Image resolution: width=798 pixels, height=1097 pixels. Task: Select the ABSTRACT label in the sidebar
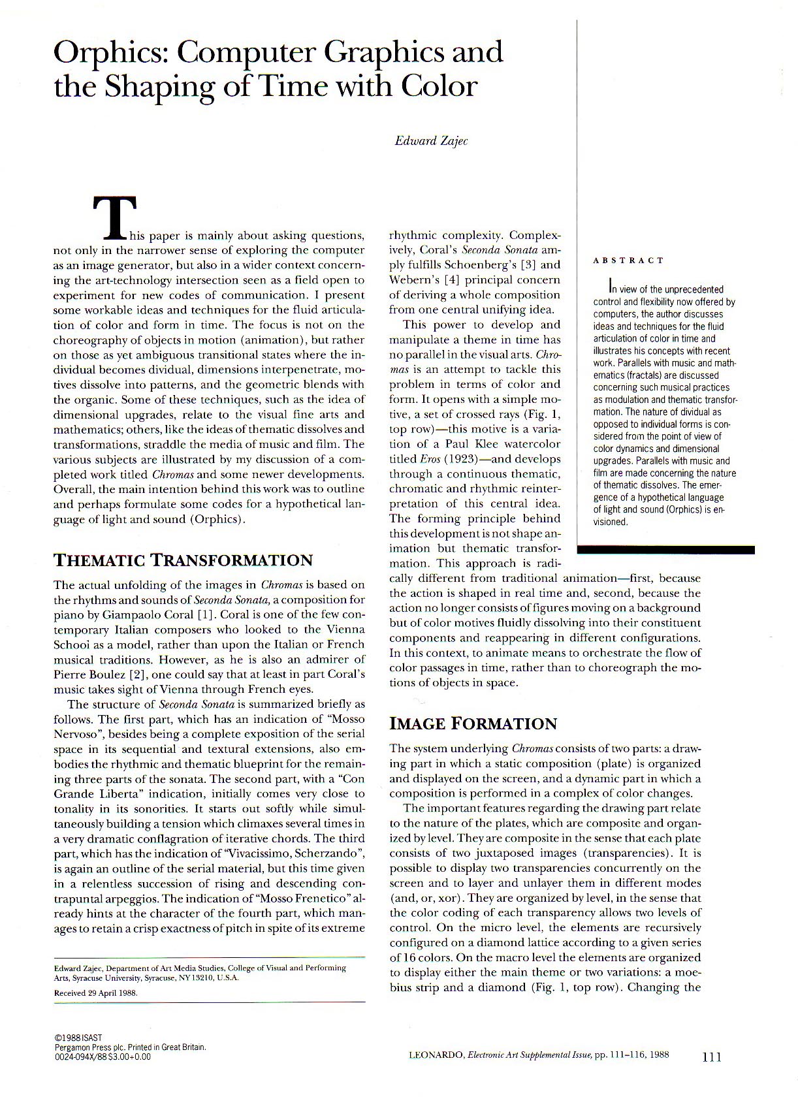tap(628, 261)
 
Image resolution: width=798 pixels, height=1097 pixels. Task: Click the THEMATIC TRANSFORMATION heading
tap(183, 560)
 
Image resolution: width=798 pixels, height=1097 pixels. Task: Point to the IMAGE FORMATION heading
tap(473, 723)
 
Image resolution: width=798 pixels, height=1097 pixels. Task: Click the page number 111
tap(712, 1057)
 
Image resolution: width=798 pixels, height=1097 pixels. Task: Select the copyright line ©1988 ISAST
tap(78, 1038)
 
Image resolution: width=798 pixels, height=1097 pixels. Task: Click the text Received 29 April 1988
tap(95, 993)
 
